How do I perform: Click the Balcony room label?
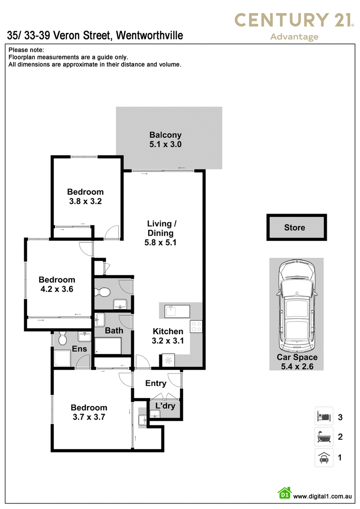coord(166,135)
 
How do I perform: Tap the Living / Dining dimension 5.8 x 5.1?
coord(161,242)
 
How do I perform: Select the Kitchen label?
coord(168,331)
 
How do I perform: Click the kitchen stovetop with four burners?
coord(196,326)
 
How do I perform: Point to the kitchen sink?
coord(177,311)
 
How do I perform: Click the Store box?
coord(297,227)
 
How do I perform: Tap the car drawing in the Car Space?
coord(297,305)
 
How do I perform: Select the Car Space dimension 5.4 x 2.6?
coord(297,366)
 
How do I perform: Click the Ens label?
coord(80,348)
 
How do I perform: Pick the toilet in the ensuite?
coord(63,338)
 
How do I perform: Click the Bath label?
coord(114,330)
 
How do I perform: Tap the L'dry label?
coord(166,406)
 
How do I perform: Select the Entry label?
coord(156,384)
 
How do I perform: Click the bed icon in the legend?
coord(324,416)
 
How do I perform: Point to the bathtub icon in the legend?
coord(324,437)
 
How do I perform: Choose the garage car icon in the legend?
coord(324,457)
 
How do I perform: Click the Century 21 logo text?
coord(294,20)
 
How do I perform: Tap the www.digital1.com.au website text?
coord(322,496)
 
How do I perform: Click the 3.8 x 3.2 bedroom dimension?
coord(85,201)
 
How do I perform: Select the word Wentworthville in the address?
coord(149,35)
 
